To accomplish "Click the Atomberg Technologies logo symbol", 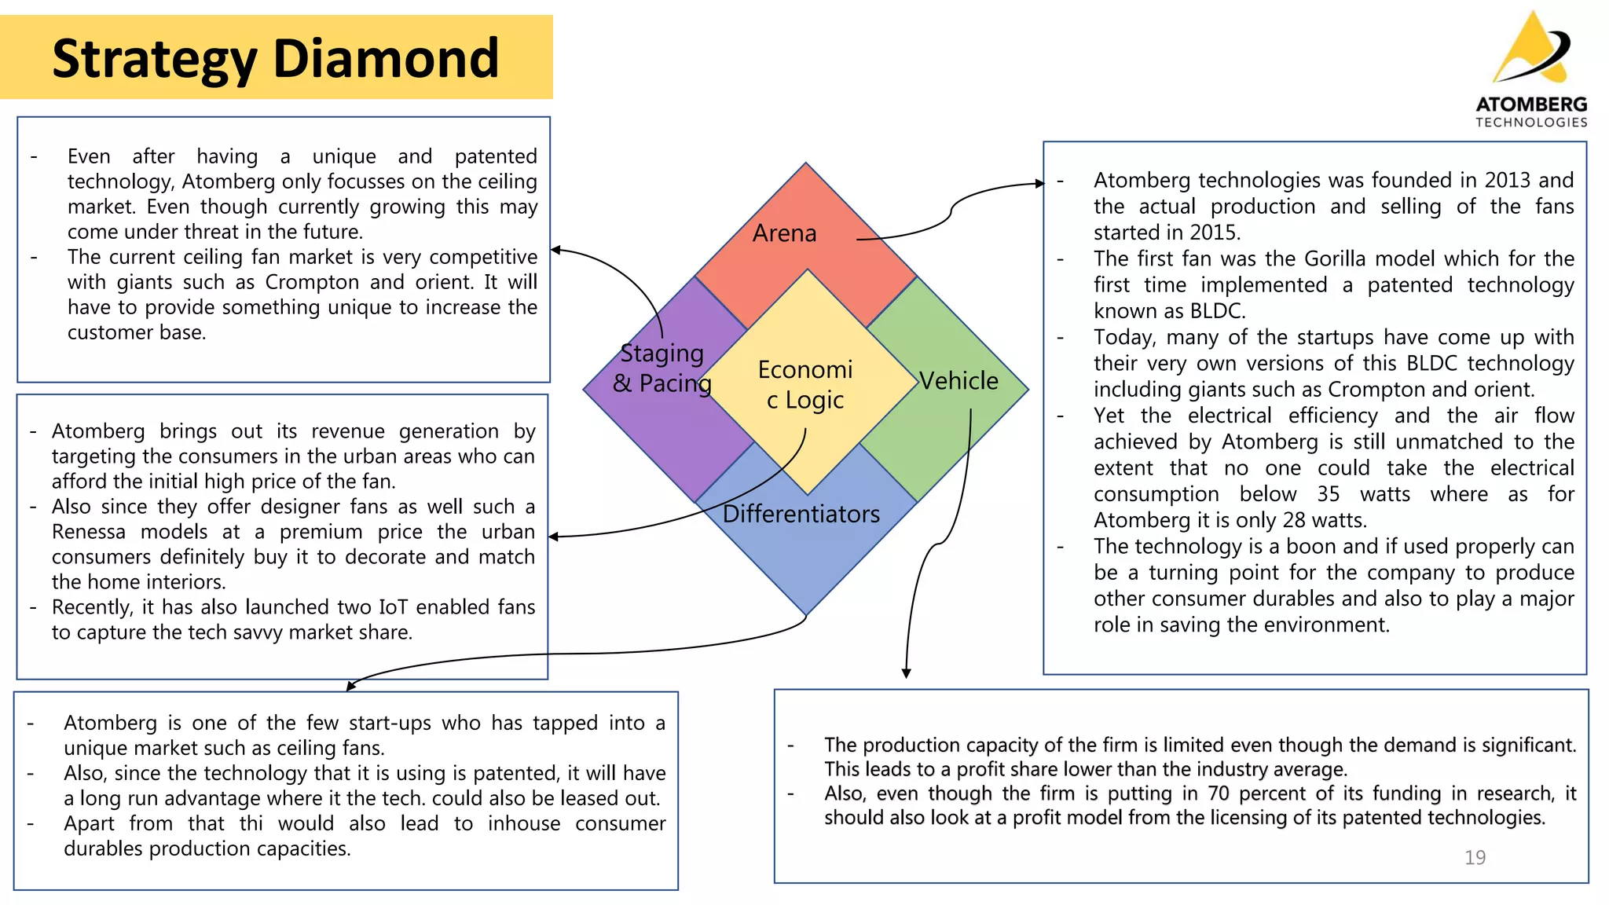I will [x=1532, y=49].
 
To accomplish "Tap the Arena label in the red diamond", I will [x=784, y=233].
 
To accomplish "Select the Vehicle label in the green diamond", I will [x=958, y=381].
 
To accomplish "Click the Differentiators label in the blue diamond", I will [x=801, y=514].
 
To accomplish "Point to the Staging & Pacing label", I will [x=662, y=368].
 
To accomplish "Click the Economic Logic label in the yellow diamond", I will [x=805, y=385].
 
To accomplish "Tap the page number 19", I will [x=1475, y=858].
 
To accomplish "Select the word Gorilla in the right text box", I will [x=1340, y=259].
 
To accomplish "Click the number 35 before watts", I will [x=1328, y=494].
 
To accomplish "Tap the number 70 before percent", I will [x=1219, y=793].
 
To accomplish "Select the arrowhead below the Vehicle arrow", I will [x=906, y=673].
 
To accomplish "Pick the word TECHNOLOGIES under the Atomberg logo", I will [x=1531, y=123].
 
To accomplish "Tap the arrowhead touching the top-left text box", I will [x=555, y=250].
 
